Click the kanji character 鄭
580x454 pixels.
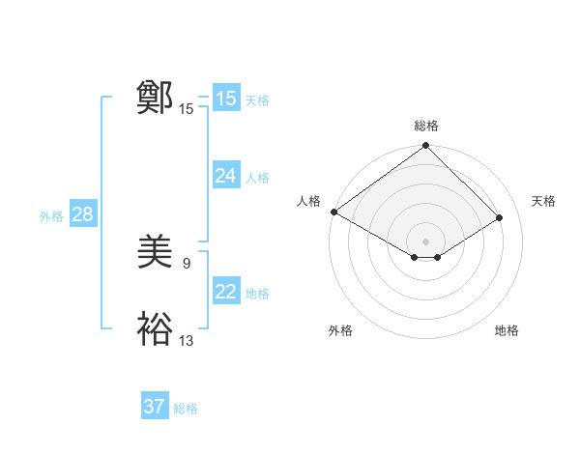(x=155, y=98)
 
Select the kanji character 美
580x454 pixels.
(x=155, y=253)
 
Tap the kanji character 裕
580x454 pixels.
(x=155, y=329)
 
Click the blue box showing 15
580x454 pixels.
(x=225, y=99)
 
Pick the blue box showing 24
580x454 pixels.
(x=225, y=176)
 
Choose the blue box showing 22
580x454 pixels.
(x=225, y=292)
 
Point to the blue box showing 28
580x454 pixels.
(x=82, y=214)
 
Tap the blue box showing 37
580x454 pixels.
(x=154, y=407)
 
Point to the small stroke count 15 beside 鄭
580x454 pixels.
(x=187, y=109)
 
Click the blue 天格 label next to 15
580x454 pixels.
(x=257, y=100)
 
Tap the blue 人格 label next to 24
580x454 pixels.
(x=257, y=178)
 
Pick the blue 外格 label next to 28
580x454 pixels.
(x=51, y=216)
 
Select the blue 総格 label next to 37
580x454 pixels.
(x=186, y=409)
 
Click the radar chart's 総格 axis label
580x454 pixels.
(x=426, y=126)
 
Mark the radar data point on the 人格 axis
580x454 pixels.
(x=333, y=212)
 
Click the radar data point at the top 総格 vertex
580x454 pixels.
(x=426, y=147)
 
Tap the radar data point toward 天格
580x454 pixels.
(x=500, y=217)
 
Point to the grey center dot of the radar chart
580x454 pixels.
(x=425, y=241)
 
